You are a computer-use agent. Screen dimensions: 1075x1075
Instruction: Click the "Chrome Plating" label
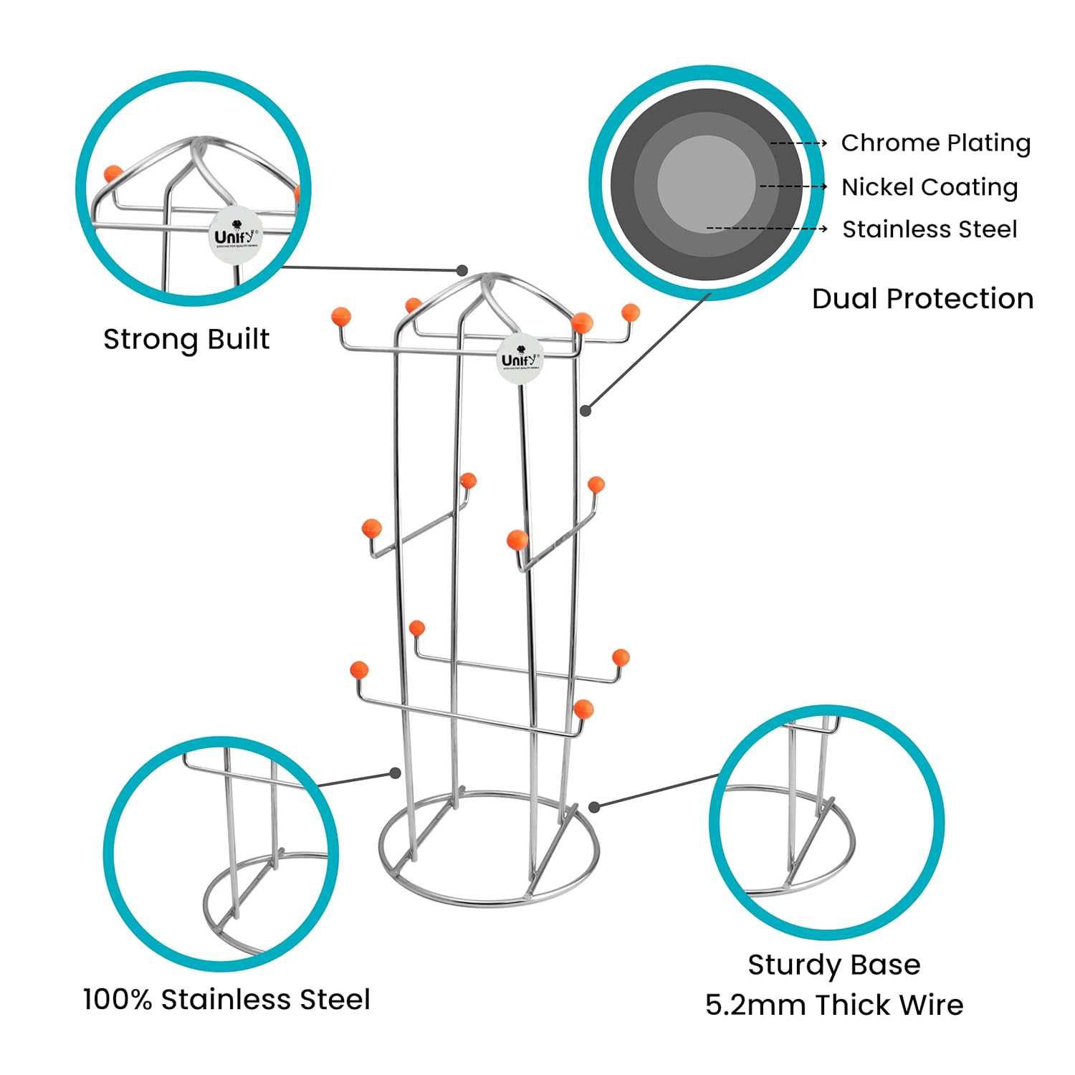click(x=935, y=143)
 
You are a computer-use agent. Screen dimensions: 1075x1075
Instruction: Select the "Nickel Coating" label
click(x=929, y=187)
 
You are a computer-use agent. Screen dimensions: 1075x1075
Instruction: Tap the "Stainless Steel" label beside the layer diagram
click(x=929, y=229)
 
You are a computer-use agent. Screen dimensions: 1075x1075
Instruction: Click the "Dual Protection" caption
click(x=922, y=299)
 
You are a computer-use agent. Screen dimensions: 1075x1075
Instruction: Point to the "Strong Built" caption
click(x=186, y=339)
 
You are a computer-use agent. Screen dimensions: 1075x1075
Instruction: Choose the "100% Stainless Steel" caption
click(x=226, y=999)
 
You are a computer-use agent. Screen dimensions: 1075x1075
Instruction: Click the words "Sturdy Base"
click(x=834, y=965)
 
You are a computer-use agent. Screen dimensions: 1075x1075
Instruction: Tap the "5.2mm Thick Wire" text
click(x=834, y=1005)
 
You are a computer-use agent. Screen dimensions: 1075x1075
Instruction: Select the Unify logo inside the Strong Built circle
click(x=234, y=236)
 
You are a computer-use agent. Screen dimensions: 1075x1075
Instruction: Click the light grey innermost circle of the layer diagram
click(x=706, y=184)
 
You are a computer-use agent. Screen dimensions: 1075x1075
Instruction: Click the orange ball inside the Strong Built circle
click(x=113, y=174)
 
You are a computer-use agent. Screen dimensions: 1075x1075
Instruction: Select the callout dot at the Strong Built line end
click(x=462, y=270)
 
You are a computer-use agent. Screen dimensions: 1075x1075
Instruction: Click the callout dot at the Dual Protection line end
click(x=586, y=411)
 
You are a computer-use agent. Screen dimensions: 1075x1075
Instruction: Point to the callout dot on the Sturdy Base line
click(x=593, y=807)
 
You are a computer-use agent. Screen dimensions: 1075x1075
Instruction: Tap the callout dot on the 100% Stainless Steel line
click(x=395, y=773)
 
